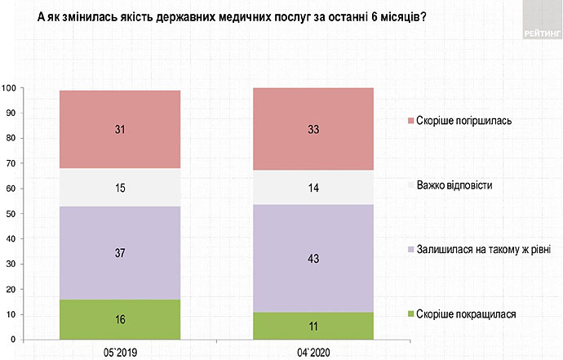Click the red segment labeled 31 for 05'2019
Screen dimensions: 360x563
[x=120, y=129]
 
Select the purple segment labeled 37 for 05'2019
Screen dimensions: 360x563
[x=120, y=252]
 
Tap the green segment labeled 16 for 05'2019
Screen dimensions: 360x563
[x=120, y=319]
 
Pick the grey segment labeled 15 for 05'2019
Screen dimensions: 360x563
[x=120, y=188]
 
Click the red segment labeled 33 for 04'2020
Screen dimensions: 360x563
[x=313, y=129]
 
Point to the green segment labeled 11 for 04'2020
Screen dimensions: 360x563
[x=313, y=326]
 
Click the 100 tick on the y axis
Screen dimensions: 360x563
[x=10, y=87]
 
